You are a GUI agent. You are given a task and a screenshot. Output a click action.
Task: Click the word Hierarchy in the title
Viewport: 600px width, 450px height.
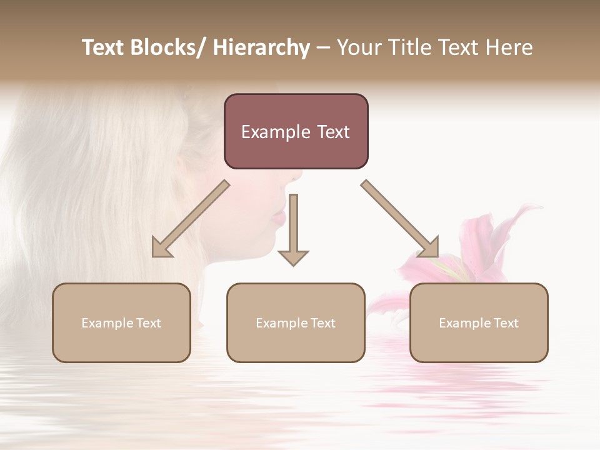click(x=261, y=47)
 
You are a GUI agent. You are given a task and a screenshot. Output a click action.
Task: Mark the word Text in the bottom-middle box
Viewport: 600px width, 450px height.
click(x=322, y=323)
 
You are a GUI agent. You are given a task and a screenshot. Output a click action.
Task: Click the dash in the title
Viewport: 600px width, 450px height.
click(x=323, y=47)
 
